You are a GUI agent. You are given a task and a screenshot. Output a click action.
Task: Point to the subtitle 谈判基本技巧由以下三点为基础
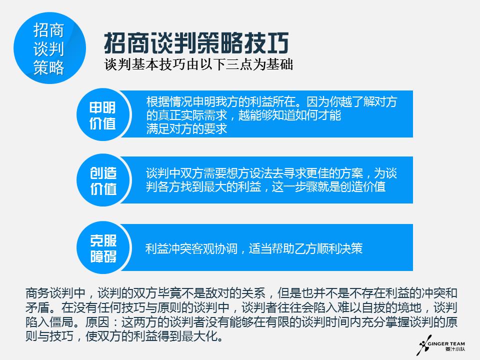198,65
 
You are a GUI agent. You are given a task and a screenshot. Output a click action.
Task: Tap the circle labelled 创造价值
103,180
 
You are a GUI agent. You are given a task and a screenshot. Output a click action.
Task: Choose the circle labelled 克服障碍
103,248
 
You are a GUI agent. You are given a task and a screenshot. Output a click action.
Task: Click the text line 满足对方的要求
186,129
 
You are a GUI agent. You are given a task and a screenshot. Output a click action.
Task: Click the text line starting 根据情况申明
271,102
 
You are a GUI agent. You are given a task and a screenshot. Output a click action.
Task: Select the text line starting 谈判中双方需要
271,173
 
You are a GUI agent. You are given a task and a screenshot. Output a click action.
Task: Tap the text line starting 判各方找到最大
265,187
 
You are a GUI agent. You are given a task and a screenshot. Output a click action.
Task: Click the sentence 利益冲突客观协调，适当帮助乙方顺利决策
253,248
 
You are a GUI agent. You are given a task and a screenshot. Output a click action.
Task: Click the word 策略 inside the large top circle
48,67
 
